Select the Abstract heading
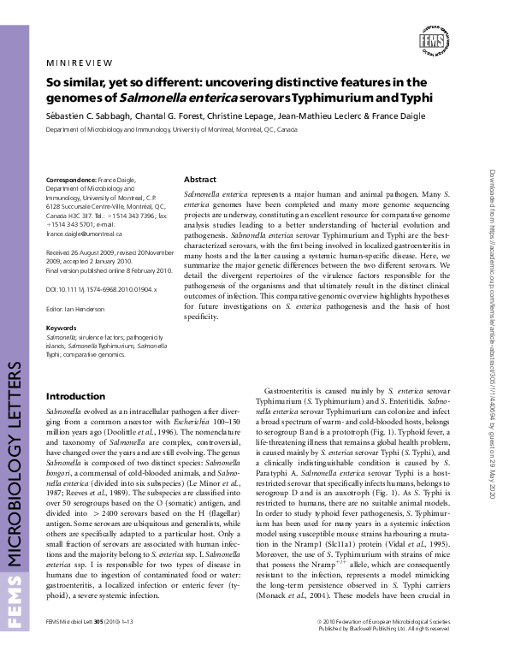coord(199,180)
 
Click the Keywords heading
coord(61,328)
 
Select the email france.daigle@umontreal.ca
coord(85,233)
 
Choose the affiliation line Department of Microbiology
coord(171,129)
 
